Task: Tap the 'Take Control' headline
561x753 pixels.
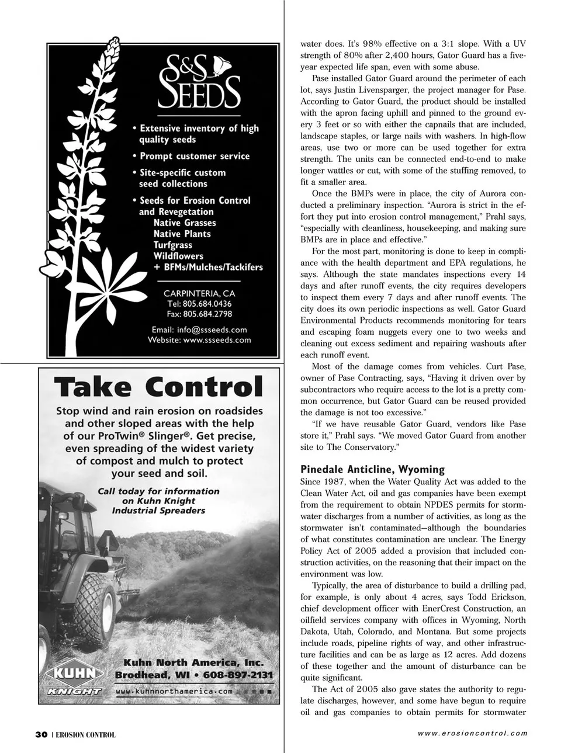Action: pos(158,387)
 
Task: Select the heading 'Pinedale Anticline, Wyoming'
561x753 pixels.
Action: pos(372,470)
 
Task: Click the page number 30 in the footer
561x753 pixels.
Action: pos(40,734)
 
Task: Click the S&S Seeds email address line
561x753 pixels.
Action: pos(199,329)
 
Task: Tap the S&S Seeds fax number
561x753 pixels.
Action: pos(199,314)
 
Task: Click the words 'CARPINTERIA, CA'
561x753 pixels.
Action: pos(199,293)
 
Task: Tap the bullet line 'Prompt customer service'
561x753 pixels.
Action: pos(194,156)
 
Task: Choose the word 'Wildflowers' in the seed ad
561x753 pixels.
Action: pos(178,256)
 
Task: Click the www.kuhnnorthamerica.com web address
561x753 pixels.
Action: pos(174,691)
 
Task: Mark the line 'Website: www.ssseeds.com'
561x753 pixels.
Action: pos(199,340)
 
